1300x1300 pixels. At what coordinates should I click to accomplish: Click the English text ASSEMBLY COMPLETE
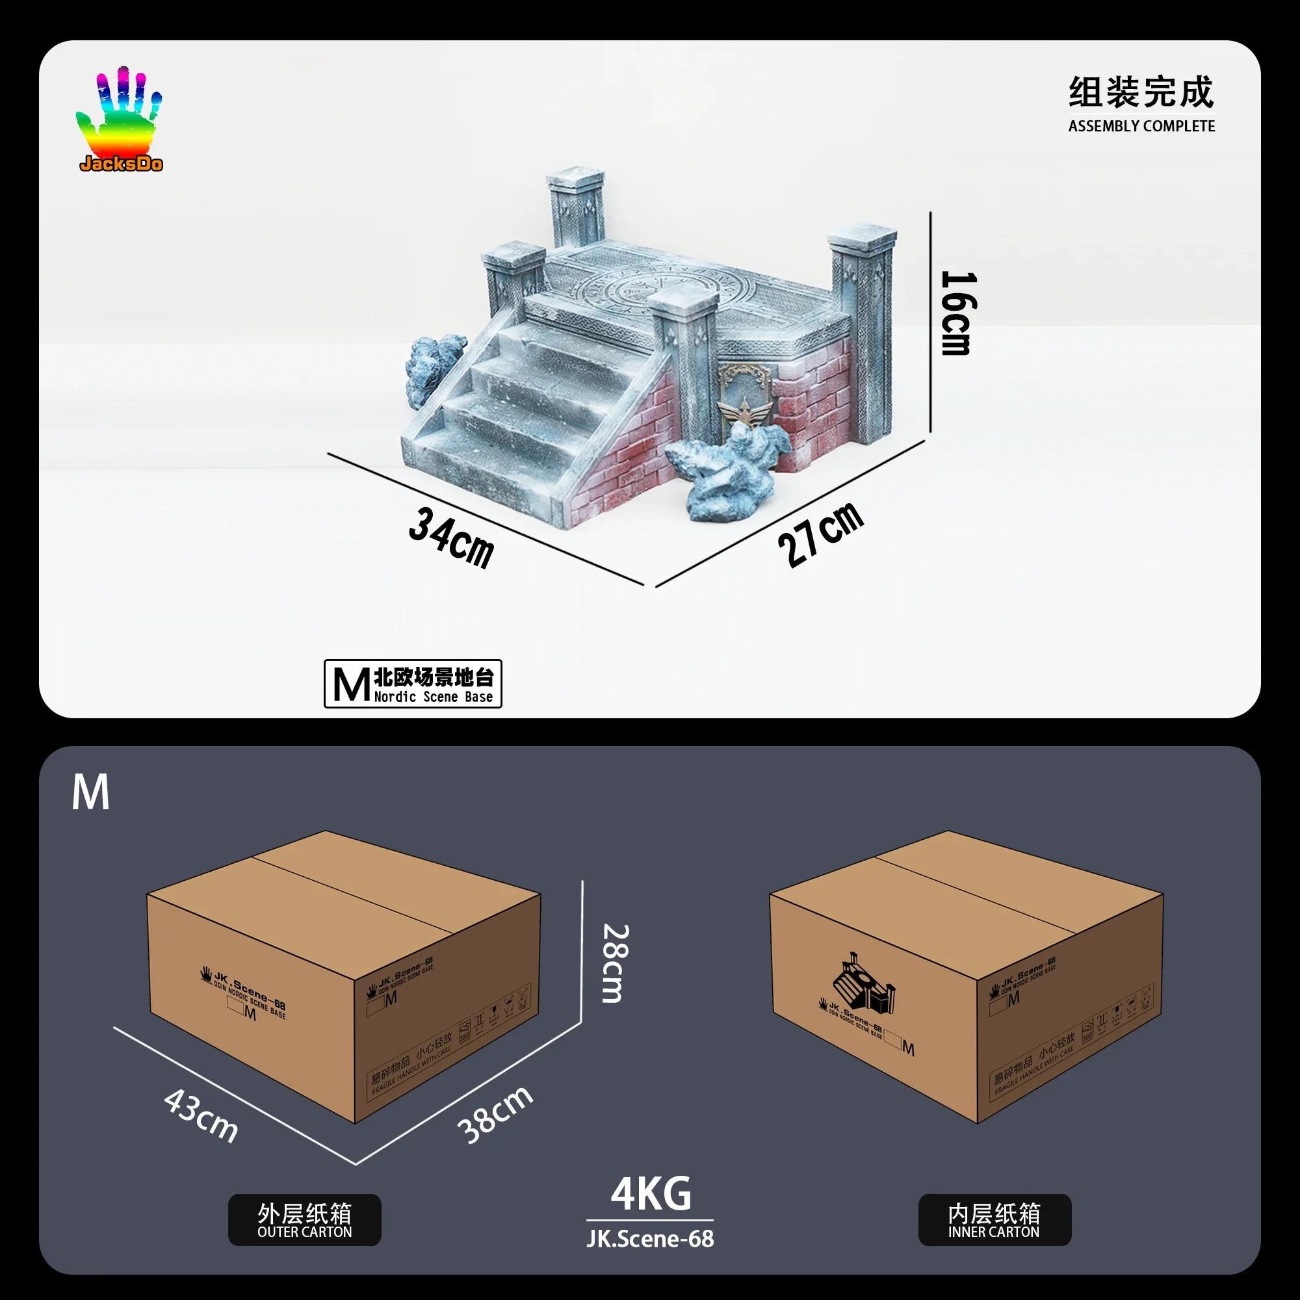click(x=1141, y=127)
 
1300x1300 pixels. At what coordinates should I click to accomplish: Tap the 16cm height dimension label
click(x=957, y=313)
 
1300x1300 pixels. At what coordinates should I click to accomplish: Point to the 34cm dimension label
click(x=452, y=538)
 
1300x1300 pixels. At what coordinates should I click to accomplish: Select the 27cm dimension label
click(x=820, y=536)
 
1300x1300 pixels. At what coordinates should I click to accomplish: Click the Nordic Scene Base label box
click(x=413, y=684)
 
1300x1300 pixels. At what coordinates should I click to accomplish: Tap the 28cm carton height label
click(x=615, y=963)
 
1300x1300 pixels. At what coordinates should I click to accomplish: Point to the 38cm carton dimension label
click(x=495, y=1114)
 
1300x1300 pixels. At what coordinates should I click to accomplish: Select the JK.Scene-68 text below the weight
click(x=650, y=1239)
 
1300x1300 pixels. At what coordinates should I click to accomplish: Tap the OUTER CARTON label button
click(x=304, y=1220)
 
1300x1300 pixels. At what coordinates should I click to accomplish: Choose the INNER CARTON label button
click(x=994, y=1220)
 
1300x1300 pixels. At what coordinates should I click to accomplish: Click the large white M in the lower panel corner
click(x=90, y=792)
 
